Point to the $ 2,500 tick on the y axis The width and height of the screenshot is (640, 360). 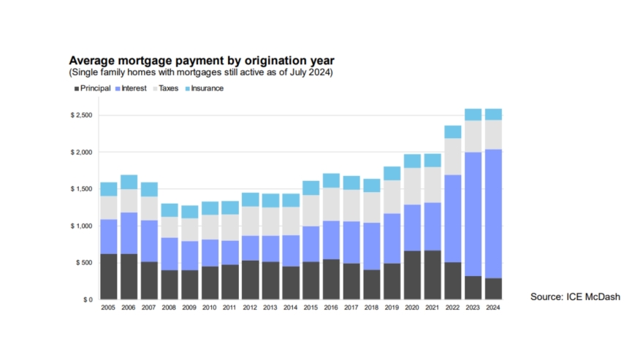click(81, 115)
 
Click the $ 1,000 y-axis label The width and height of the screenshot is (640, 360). click(81, 226)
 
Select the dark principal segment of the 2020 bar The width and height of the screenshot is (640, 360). click(412, 275)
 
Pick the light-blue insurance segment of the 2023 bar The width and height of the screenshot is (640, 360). click(473, 115)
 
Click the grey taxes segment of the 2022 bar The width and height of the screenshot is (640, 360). click(453, 156)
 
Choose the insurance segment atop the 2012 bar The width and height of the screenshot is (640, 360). click(251, 199)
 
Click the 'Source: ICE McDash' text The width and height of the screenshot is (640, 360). click(575, 296)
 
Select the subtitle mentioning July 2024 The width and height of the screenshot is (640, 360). click(201, 72)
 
